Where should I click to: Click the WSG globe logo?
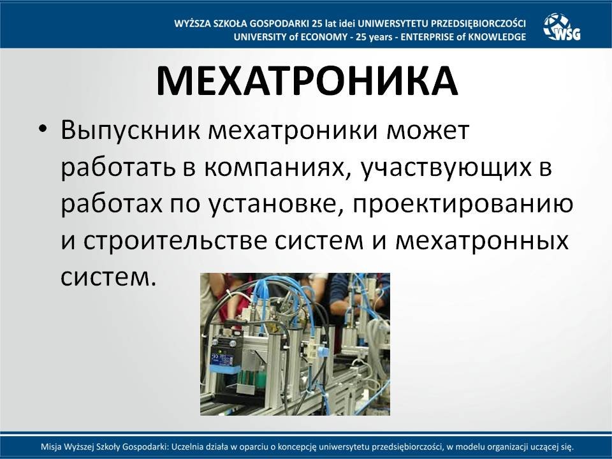[562, 27]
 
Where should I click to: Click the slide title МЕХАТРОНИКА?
[307, 81]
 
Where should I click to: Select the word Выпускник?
[130, 131]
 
